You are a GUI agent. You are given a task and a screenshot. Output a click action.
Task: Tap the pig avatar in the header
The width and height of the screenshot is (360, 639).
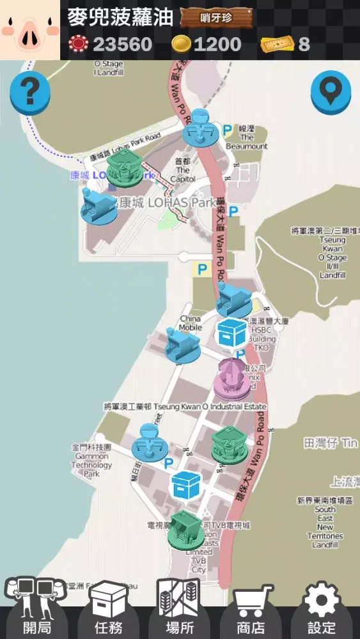29,30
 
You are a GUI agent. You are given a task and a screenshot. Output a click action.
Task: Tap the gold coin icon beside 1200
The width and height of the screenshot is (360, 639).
182,44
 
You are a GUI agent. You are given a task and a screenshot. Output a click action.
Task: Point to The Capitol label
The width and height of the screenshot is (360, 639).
183,170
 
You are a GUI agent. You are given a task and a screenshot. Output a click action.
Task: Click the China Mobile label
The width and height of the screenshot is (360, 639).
190,323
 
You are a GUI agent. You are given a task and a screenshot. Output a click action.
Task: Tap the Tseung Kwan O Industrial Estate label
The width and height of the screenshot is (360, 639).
185,406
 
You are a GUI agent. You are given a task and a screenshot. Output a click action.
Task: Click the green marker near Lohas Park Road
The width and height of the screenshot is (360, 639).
125,169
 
